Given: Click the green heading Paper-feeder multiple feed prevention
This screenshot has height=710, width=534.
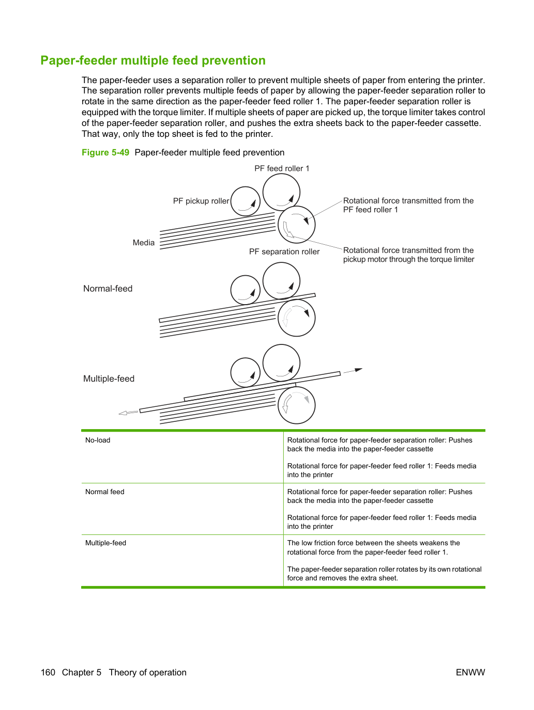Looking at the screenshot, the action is [x=153, y=60].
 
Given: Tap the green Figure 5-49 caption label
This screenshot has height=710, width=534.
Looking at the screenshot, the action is [x=105, y=152].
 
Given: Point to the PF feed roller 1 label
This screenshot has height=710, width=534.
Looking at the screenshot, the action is [x=282, y=168].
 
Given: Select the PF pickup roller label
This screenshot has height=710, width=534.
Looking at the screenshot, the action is [x=201, y=201].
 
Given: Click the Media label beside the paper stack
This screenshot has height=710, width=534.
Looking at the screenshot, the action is [x=144, y=243].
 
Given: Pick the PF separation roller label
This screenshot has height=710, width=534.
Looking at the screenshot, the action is [x=284, y=251].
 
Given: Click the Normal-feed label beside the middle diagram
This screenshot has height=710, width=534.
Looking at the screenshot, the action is [x=108, y=289].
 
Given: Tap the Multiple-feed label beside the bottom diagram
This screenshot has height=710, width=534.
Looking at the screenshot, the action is [x=109, y=378].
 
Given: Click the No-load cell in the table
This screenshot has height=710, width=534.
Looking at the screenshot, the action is [x=98, y=440].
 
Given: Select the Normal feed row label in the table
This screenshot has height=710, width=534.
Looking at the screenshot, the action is [x=104, y=492].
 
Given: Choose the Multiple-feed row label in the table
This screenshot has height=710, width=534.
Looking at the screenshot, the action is [x=105, y=543].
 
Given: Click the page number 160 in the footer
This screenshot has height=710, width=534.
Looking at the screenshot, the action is [x=48, y=672].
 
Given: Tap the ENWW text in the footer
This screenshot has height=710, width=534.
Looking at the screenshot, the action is [x=470, y=672].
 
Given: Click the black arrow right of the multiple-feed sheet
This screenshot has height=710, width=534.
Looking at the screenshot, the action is [x=353, y=371].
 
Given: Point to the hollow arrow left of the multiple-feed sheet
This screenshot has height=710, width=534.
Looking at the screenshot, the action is [x=128, y=413].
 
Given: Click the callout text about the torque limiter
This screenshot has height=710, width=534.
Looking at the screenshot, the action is [x=408, y=255].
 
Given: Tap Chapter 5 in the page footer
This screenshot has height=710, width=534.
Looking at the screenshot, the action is [x=82, y=672].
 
